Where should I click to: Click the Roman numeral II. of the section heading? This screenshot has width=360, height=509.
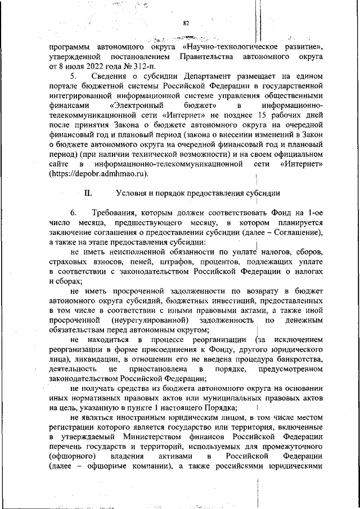click(x=88, y=193)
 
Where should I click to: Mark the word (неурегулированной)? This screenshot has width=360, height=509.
click(x=147, y=321)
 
